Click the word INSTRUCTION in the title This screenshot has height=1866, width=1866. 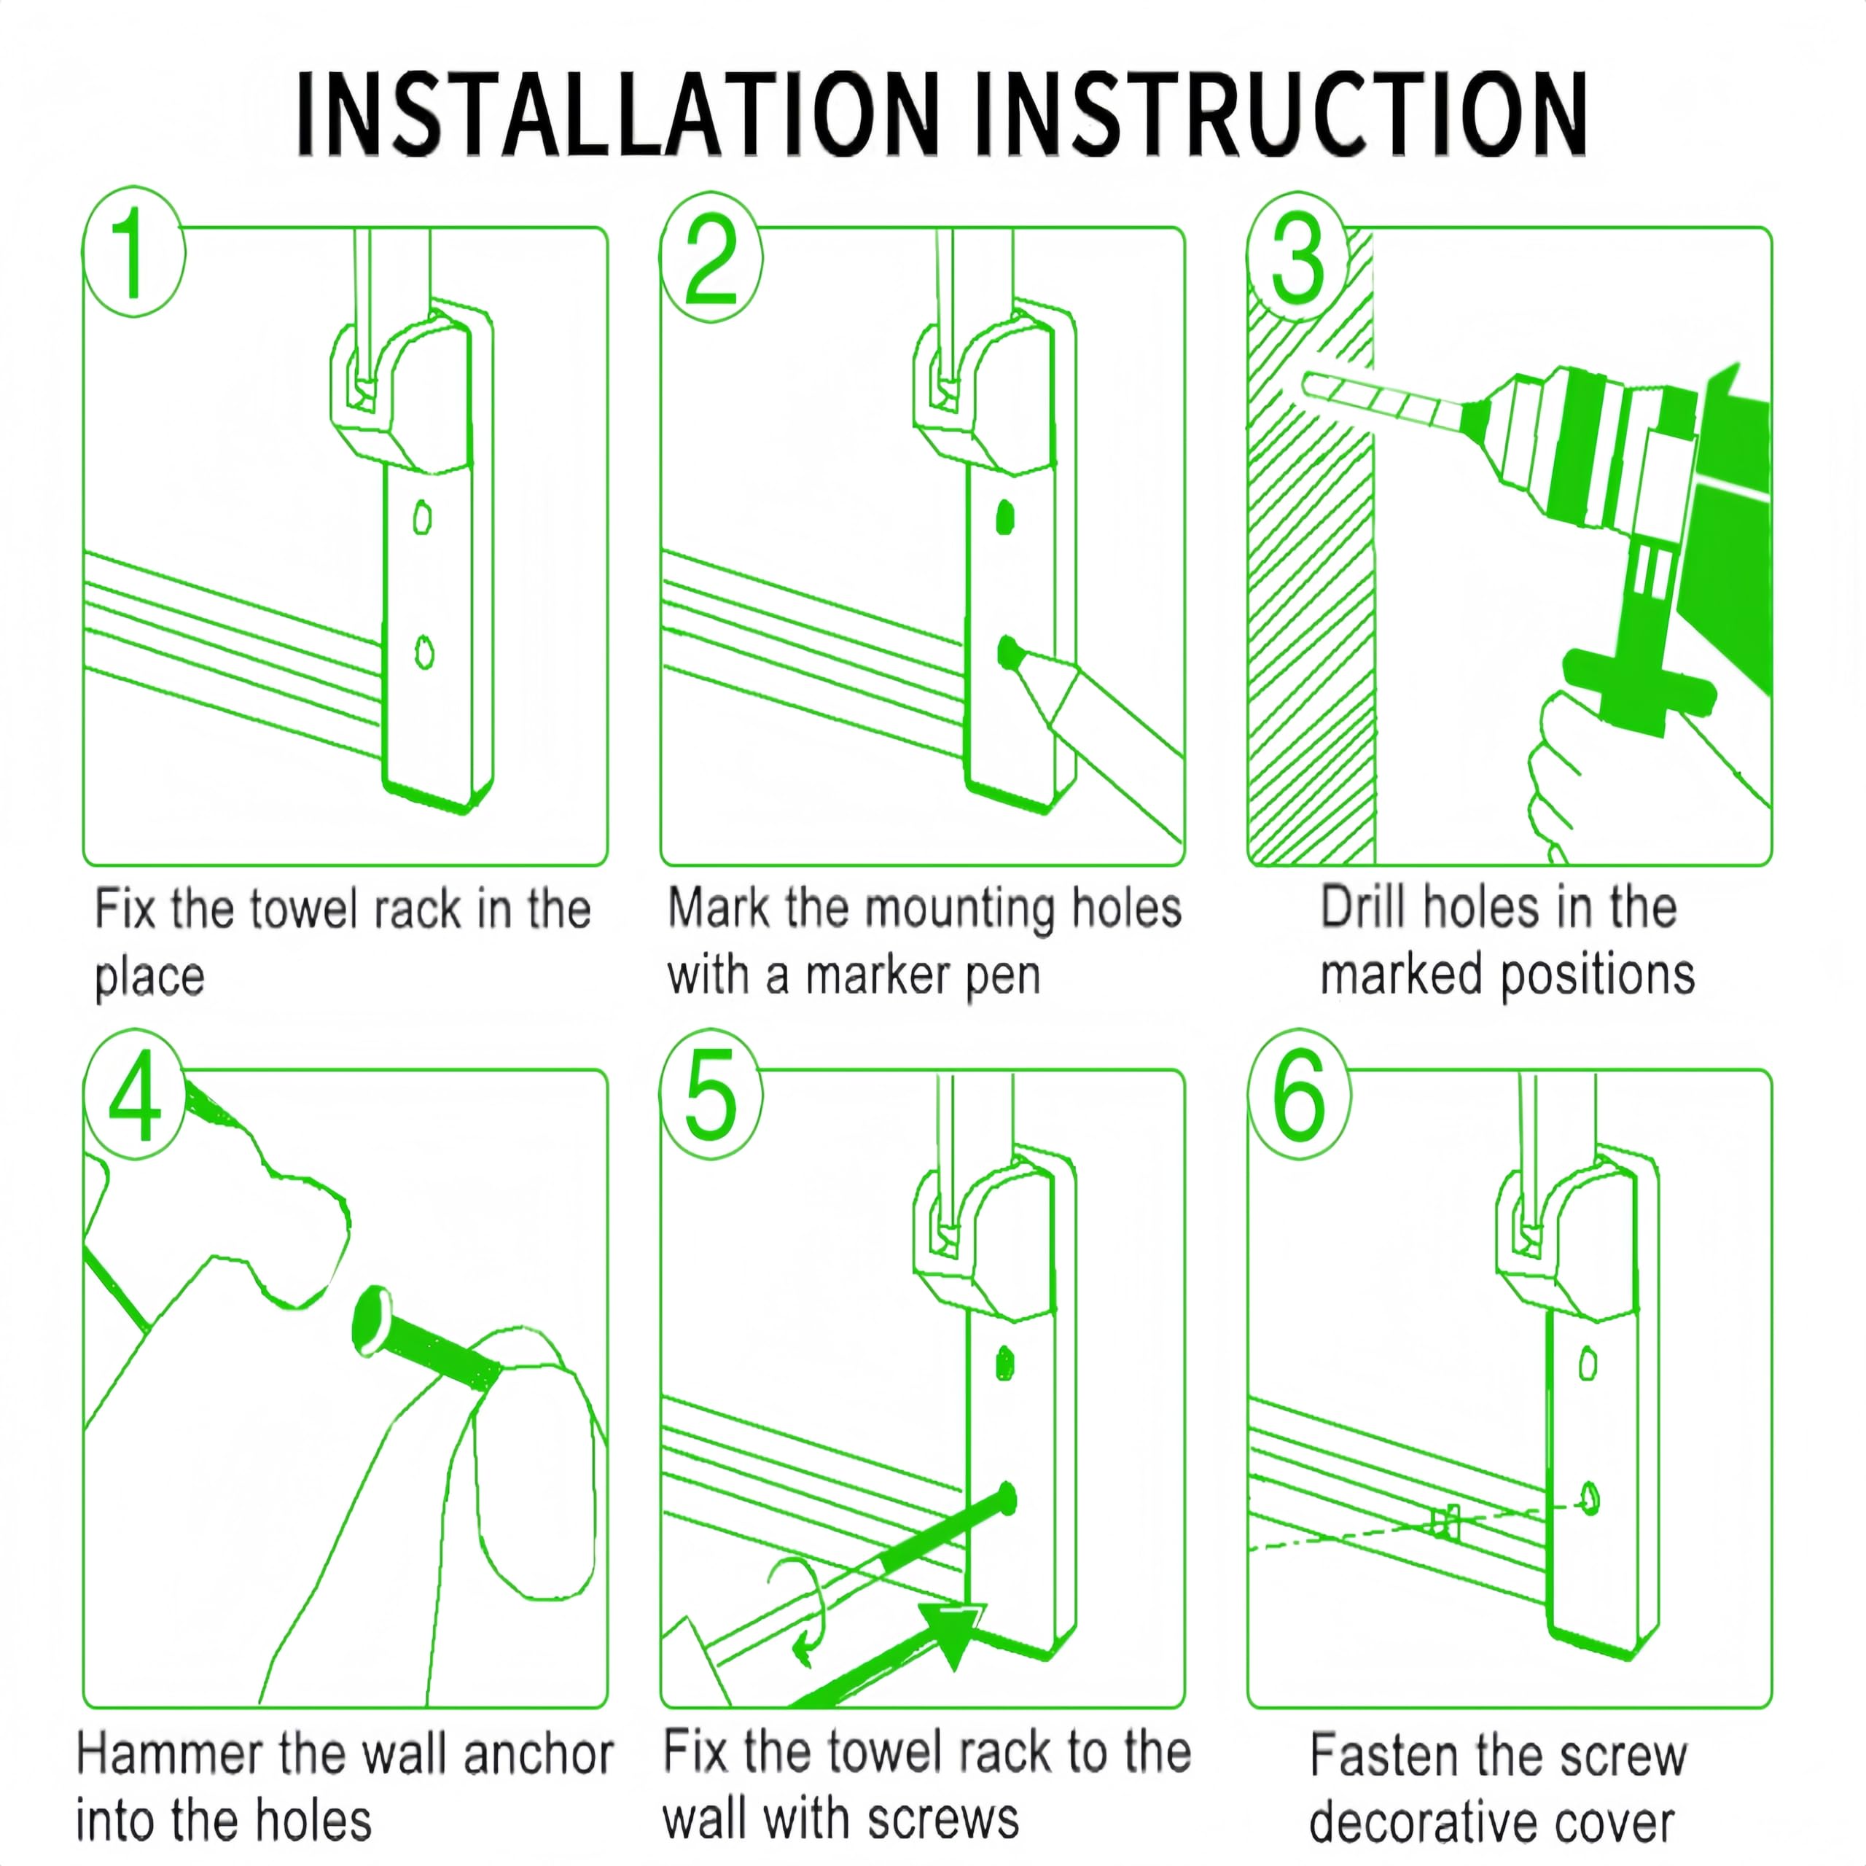click(1281, 114)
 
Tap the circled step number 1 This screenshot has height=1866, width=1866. click(133, 253)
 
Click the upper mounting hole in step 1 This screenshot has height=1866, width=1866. click(422, 519)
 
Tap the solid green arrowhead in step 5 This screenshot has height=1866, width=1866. click(951, 1634)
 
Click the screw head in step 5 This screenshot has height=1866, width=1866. click(1007, 1499)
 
